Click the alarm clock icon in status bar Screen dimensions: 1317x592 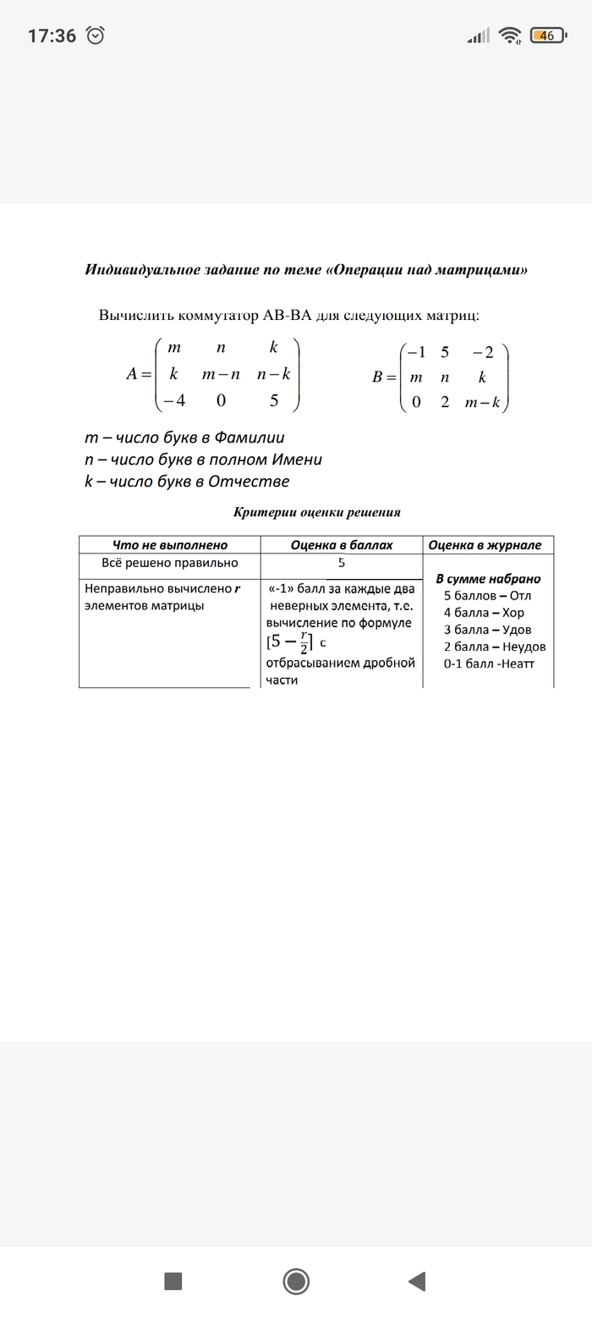[x=96, y=36]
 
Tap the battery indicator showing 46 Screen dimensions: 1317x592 [x=548, y=36]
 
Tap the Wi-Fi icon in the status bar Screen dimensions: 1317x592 [x=509, y=36]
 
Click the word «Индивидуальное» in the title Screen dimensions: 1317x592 [x=140, y=270]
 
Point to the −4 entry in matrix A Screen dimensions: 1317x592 [x=174, y=401]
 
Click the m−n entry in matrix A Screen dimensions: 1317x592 [x=221, y=373]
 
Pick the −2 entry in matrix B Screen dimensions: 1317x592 [x=483, y=353]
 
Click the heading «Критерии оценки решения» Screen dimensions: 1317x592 [x=316, y=512]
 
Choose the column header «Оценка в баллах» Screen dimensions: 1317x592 [x=342, y=545]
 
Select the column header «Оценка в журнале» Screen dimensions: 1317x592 [x=488, y=545]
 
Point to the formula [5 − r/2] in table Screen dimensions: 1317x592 [x=290, y=642]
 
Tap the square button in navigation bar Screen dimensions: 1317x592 [x=173, y=1281]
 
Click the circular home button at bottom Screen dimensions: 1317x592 [x=296, y=1281]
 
